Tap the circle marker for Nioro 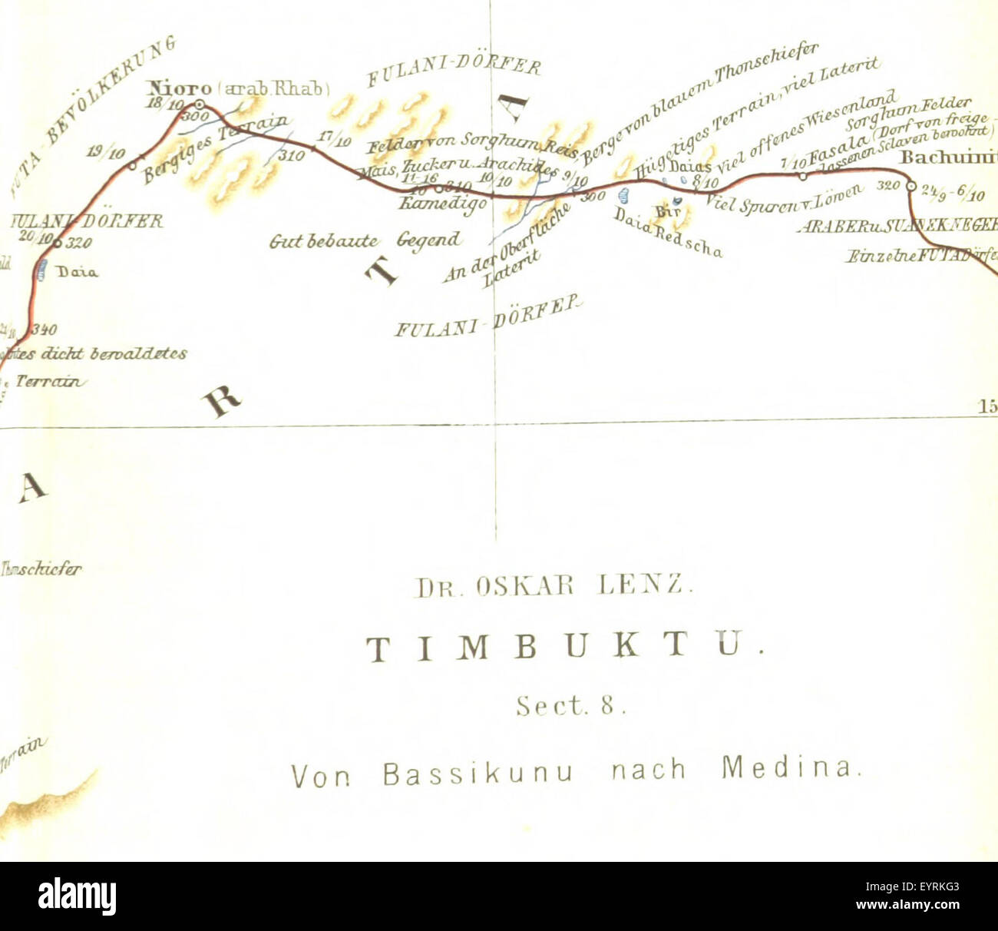click(200, 104)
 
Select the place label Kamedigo click(442, 204)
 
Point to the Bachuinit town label click(948, 158)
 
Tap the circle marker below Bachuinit click(911, 186)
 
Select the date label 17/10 click(334, 139)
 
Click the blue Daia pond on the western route click(42, 269)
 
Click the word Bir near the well click(663, 210)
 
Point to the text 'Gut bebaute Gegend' click(365, 241)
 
